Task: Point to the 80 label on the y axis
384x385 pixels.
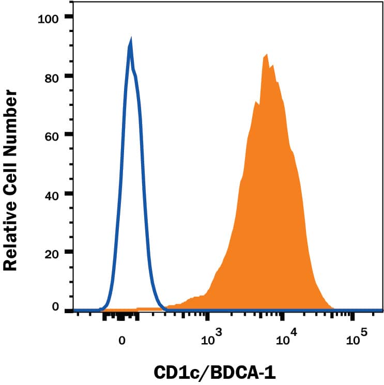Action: point(51,76)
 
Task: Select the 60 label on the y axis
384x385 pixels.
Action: point(51,135)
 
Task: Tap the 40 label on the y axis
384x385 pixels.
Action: point(51,194)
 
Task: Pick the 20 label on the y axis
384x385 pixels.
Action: point(51,253)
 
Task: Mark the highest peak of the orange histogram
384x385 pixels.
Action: point(266,54)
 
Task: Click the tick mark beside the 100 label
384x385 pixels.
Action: point(69,17)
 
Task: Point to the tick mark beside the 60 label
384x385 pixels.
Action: point(69,135)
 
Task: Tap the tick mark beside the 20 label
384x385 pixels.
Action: point(69,253)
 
